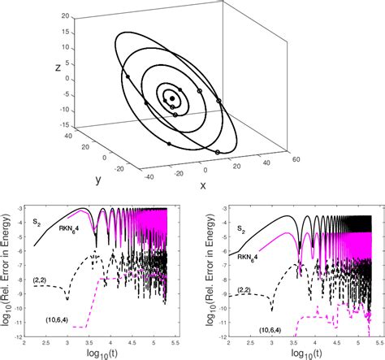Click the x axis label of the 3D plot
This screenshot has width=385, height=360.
[201, 185]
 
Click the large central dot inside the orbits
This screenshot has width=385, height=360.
[172, 98]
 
